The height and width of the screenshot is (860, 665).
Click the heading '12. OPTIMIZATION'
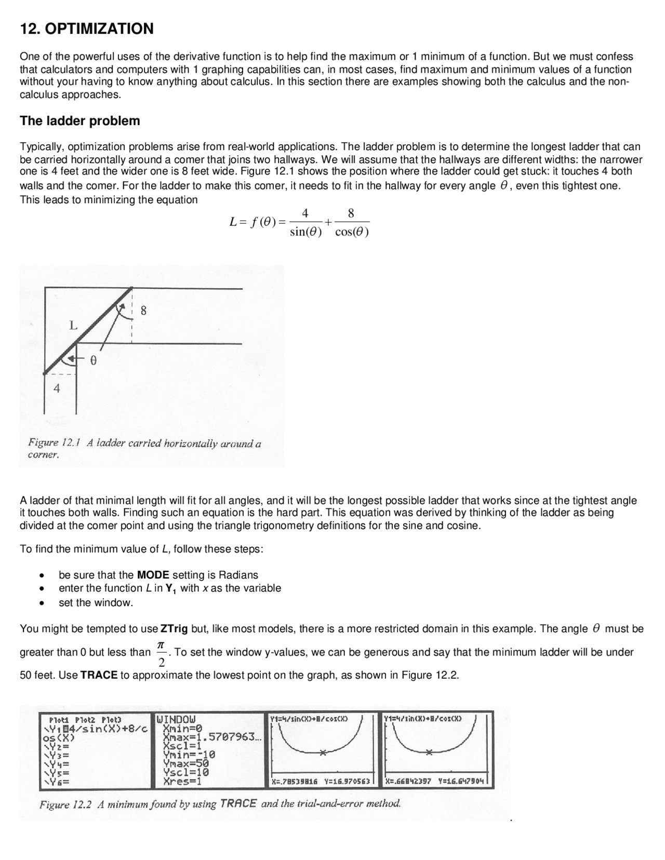[x=86, y=29]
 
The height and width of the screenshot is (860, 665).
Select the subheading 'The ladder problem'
[x=79, y=121]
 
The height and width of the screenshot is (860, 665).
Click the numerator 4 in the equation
[x=305, y=213]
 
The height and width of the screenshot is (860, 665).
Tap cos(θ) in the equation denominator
[x=352, y=232]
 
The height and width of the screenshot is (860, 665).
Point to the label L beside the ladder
[x=73, y=326]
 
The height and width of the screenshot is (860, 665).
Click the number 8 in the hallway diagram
[x=143, y=311]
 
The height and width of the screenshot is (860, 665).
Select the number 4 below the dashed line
[x=57, y=388]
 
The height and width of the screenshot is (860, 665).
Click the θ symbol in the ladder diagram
[x=93, y=360]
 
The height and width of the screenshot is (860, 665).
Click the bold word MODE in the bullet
[x=153, y=575]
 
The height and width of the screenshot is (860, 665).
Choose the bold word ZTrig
[x=174, y=629]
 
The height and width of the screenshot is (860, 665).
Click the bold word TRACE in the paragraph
[x=99, y=675]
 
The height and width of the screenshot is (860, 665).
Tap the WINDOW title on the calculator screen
[x=176, y=719]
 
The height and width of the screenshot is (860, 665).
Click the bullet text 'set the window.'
[x=96, y=602]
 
